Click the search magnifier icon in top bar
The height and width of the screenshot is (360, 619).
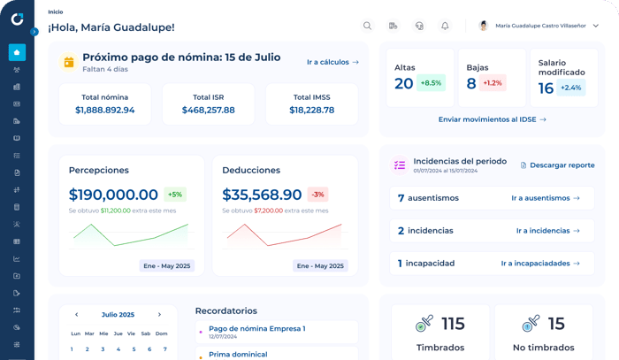coord(367,26)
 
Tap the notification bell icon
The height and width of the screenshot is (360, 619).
coord(445,26)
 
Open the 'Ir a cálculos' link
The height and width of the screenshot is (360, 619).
coord(332,62)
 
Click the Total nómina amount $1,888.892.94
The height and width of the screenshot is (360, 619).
coord(105,111)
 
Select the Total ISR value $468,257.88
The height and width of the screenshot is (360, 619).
coord(209,111)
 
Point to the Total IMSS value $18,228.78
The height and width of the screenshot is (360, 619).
coord(312,111)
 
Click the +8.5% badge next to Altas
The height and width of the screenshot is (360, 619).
coord(431,83)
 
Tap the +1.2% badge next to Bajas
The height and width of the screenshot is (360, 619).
coord(493,83)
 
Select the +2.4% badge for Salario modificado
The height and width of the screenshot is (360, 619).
coord(571,88)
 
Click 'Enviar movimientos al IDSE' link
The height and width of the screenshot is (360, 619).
coord(492,119)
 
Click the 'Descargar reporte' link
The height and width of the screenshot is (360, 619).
coord(557,165)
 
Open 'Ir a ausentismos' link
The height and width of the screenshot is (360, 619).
coord(546,198)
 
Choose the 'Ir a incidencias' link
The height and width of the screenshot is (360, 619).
coord(548,231)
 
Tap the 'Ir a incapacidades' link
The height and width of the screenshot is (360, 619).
coord(540,264)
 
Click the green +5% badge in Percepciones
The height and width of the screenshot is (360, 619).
coord(175,195)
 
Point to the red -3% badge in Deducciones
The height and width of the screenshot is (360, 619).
coord(317,195)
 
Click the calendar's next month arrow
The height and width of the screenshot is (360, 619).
coord(159,315)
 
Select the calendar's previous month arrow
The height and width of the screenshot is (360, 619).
coord(77,315)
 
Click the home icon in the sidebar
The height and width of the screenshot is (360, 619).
coord(17,52)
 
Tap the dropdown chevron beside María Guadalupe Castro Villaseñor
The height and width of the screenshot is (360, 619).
coord(596,26)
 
